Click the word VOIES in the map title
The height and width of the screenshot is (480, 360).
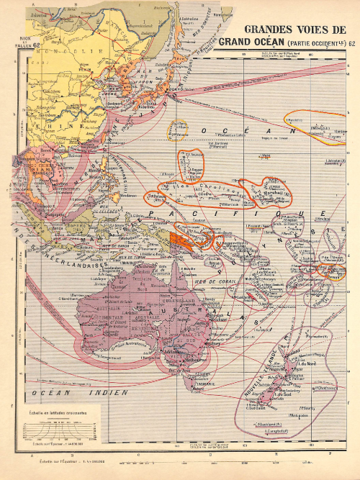click(x=312, y=30)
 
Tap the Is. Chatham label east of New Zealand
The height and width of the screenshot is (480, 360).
click(x=325, y=388)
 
